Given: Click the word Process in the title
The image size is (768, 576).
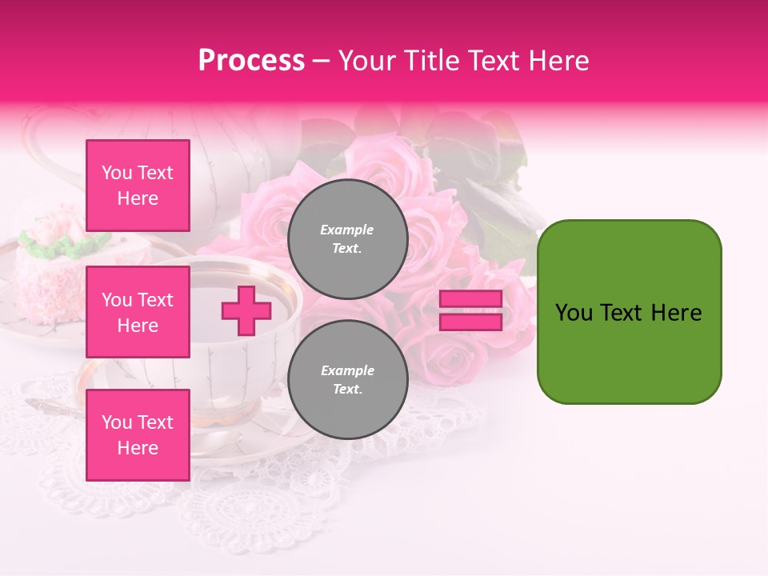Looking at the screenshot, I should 251,61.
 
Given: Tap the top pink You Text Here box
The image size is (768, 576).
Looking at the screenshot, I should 138,186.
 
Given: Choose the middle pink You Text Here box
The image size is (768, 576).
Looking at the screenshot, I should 138,312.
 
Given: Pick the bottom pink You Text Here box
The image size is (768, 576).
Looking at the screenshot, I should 138,435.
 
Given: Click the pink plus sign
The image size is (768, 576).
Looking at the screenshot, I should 246,310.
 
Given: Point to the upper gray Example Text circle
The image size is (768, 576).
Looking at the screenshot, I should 347,239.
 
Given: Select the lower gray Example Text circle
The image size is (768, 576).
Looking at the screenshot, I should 347,380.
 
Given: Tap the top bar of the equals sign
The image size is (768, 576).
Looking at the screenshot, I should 470,299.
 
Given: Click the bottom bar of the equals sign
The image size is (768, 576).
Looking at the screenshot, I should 470,322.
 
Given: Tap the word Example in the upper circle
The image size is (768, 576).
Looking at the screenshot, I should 347,230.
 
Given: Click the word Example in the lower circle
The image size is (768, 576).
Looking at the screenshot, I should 347,370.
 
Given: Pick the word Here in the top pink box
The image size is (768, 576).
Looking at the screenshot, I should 138,198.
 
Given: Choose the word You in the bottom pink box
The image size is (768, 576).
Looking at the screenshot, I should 117,422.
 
